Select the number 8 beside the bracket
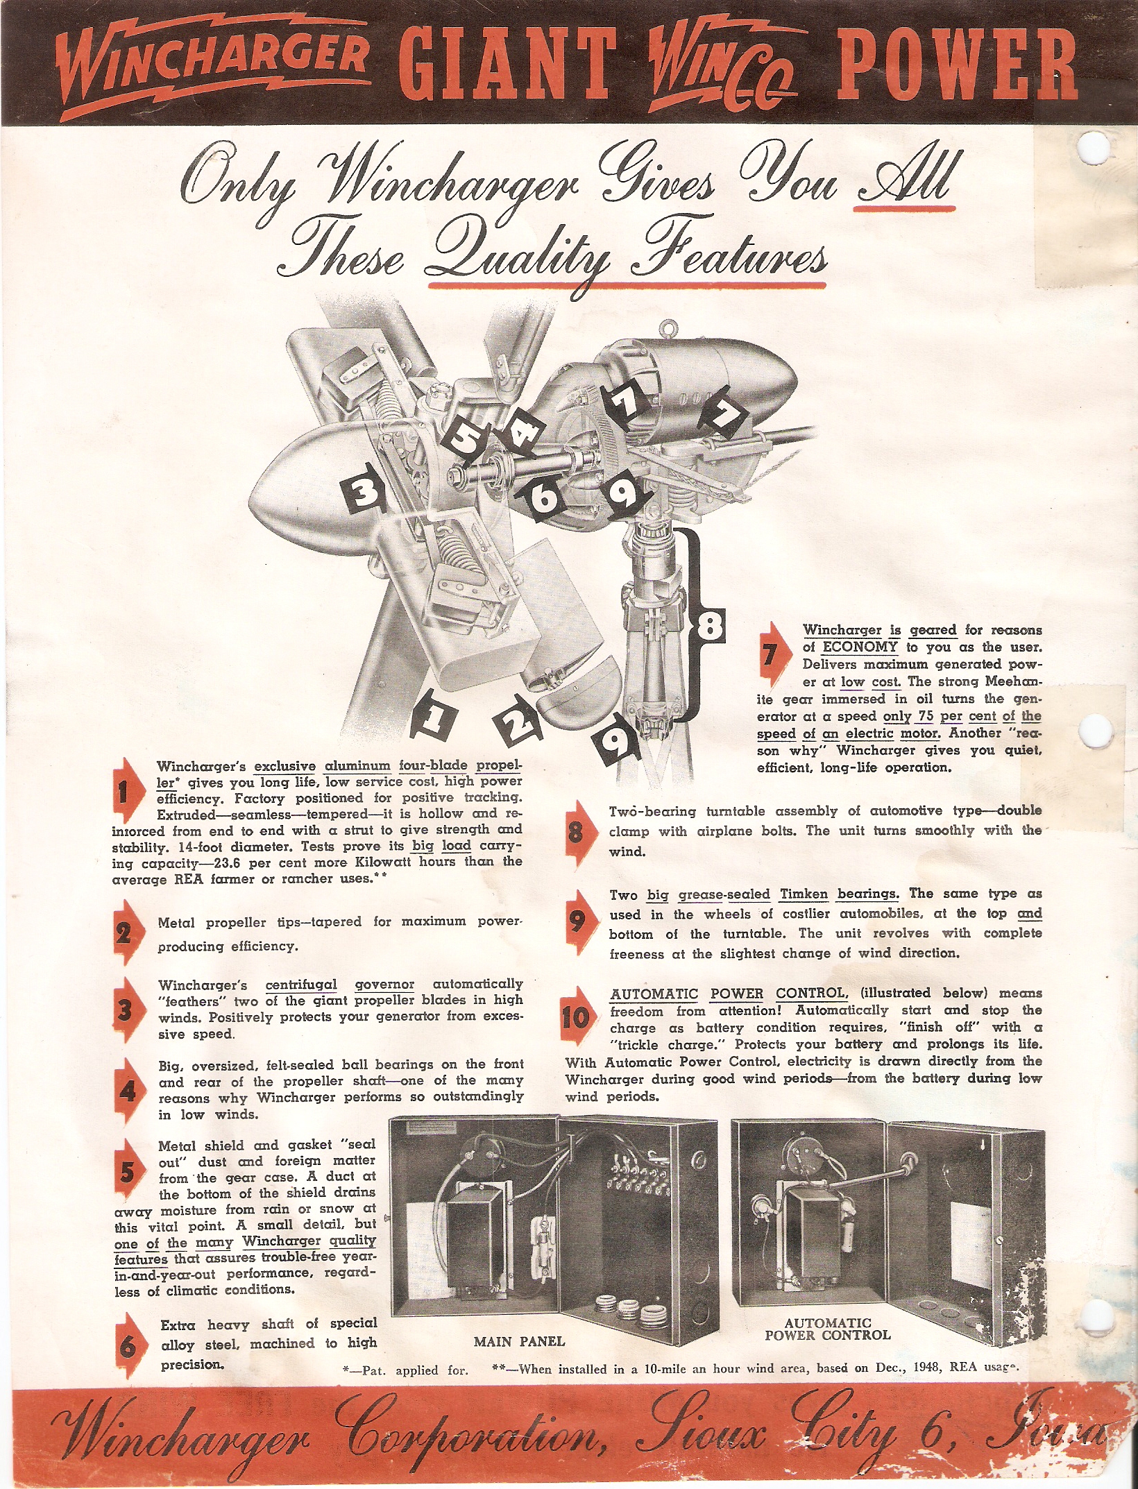709,622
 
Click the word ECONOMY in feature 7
860,647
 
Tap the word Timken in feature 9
804,894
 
